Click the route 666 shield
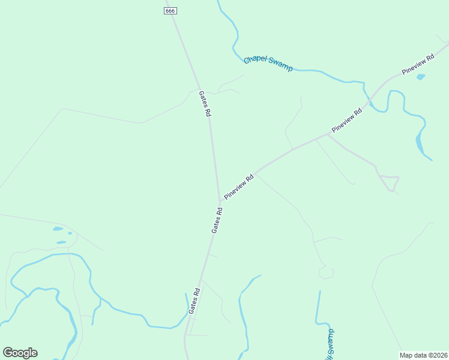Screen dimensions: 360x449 171,11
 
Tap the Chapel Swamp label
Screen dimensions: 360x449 268,64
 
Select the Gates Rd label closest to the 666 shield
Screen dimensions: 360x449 205,104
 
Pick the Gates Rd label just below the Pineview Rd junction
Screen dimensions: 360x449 217,220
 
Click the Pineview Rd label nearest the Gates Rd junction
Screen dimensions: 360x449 239,187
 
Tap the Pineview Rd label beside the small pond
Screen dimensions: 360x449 418,65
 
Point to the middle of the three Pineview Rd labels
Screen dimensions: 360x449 348,121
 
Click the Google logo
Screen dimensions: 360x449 20,353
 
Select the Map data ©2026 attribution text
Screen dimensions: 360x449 423,355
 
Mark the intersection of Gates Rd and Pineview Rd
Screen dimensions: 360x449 219,200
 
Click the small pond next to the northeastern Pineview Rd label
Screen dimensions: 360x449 421,77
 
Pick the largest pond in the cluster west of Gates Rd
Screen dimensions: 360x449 58,229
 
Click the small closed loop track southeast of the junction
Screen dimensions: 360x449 326,273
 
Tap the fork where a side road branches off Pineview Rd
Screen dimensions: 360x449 327,134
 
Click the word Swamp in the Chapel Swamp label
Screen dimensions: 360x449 280,67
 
